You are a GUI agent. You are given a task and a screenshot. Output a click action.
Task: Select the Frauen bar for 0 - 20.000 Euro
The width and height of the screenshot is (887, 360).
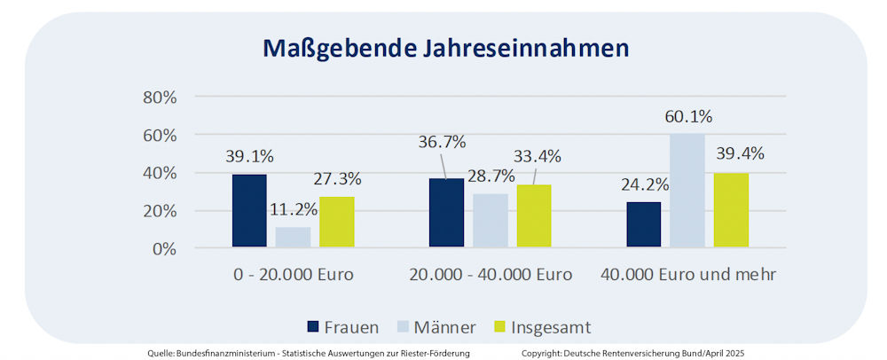pos(249,211)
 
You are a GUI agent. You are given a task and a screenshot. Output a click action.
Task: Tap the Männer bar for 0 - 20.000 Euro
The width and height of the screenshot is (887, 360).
pos(293,238)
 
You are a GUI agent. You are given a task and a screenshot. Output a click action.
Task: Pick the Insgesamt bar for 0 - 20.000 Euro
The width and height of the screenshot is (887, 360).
pos(337,223)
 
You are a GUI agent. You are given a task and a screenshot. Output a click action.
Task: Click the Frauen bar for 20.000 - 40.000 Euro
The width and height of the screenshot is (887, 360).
pos(446,214)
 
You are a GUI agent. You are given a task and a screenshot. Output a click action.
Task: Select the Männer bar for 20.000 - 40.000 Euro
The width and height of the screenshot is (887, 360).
pos(490,221)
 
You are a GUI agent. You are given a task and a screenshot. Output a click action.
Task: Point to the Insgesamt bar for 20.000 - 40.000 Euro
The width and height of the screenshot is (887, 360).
pos(534,216)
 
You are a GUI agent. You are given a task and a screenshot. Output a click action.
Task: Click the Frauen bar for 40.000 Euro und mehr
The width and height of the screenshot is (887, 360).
pos(643,225)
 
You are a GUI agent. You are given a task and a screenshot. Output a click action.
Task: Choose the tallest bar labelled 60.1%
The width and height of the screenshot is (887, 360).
pos(687,191)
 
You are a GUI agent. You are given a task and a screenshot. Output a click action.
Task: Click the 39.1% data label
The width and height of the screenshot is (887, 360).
pos(249,157)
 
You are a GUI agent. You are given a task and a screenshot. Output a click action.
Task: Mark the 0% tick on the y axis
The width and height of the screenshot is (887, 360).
pos(164,249)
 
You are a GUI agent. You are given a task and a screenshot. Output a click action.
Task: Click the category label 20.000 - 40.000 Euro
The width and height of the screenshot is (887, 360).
pos(491,274)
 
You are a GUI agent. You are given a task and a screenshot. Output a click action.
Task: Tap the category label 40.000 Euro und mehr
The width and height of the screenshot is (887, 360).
pos(688,274)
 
